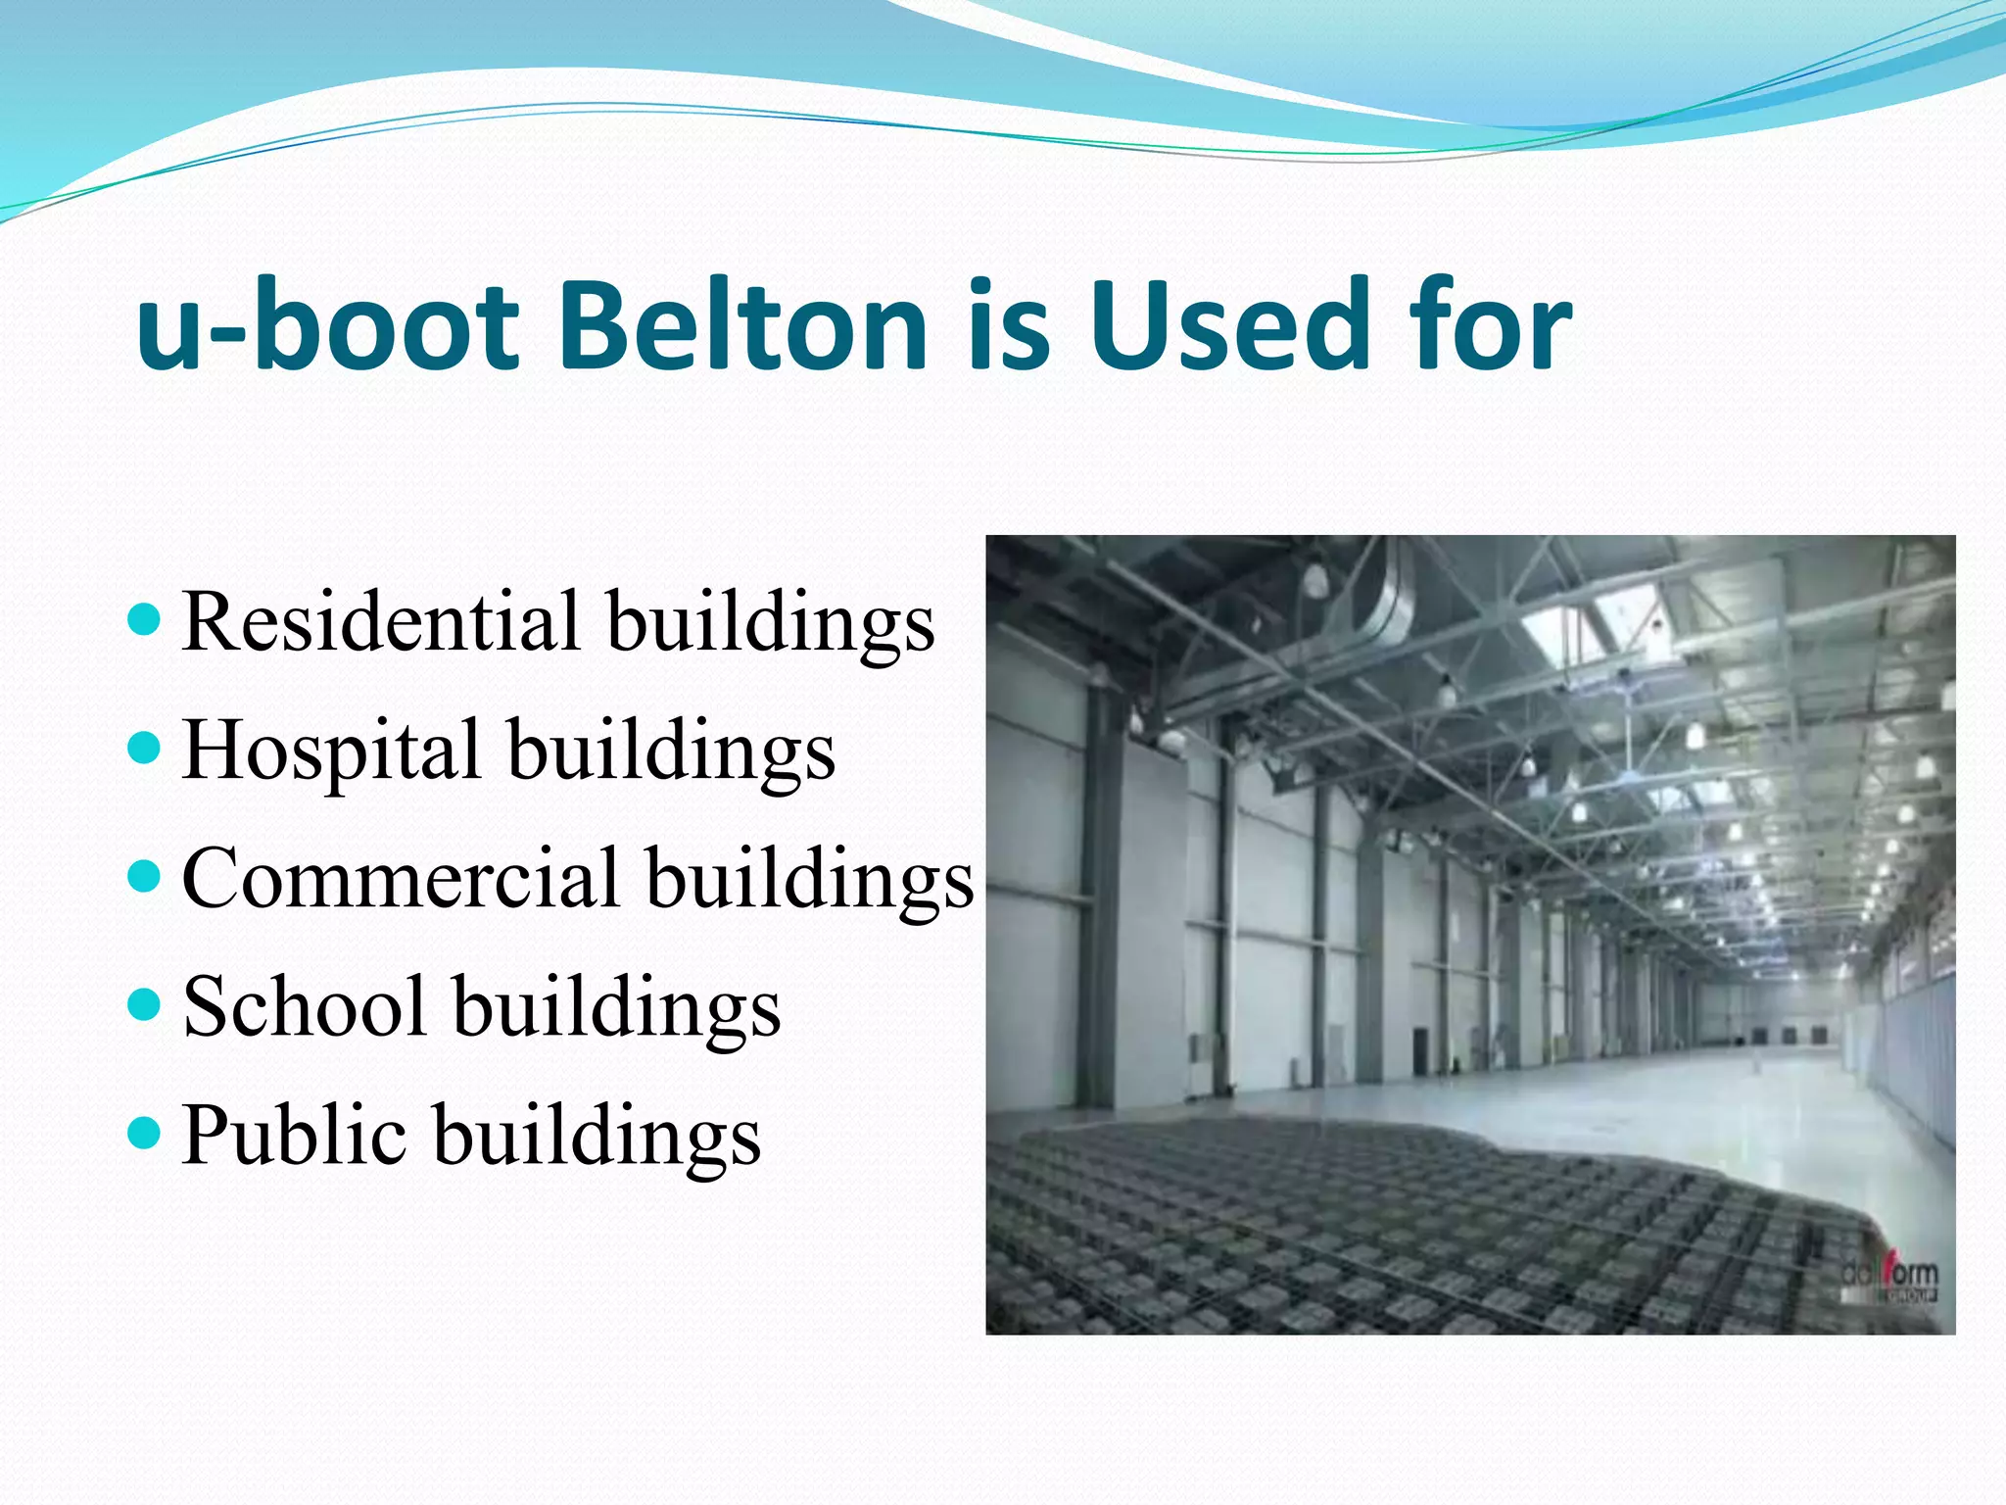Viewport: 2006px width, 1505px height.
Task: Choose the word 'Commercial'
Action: [401, 878]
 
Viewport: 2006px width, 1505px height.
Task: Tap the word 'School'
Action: [305, 1006]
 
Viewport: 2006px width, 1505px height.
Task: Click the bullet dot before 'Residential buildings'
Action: [144, 620]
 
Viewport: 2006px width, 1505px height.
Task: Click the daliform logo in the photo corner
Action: [1888, 1280]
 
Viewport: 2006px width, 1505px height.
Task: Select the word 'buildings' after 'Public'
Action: [597, 1137]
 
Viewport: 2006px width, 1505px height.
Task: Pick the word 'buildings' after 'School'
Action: [617, 1008]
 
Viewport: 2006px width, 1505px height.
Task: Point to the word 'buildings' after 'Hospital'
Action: [672, 752]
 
